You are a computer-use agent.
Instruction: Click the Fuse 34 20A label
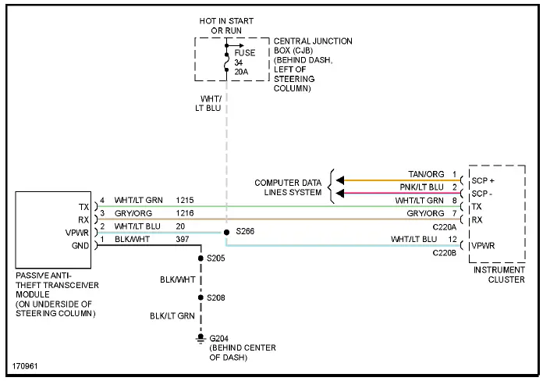pyautogui.click(x=244, y=62)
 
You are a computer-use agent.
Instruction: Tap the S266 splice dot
pyautogui.click(x=226, y=232)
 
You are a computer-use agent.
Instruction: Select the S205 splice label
pyautogui.click(x=216, y=258)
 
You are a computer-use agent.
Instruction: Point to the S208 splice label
pyautogui.click(x=216, y=297)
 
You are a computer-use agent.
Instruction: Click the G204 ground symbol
pyautogui.click(x=200, y=339)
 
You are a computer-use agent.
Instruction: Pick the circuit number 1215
pyautogui.click(x=185, y=200)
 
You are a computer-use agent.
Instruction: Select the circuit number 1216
pyautogui.click(x=185, y=213)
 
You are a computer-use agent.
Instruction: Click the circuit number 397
pyautogui.click(x=183, y=239)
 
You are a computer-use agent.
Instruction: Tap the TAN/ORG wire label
pyautogui.click(x=426, y=174)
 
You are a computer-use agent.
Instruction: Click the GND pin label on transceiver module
pyautogui.click(x=80, y=245)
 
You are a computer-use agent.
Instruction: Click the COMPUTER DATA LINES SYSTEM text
pyautogui.click(x=288, y=187)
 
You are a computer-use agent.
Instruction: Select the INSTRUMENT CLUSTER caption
pyautogui.click(x=499, y=274)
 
